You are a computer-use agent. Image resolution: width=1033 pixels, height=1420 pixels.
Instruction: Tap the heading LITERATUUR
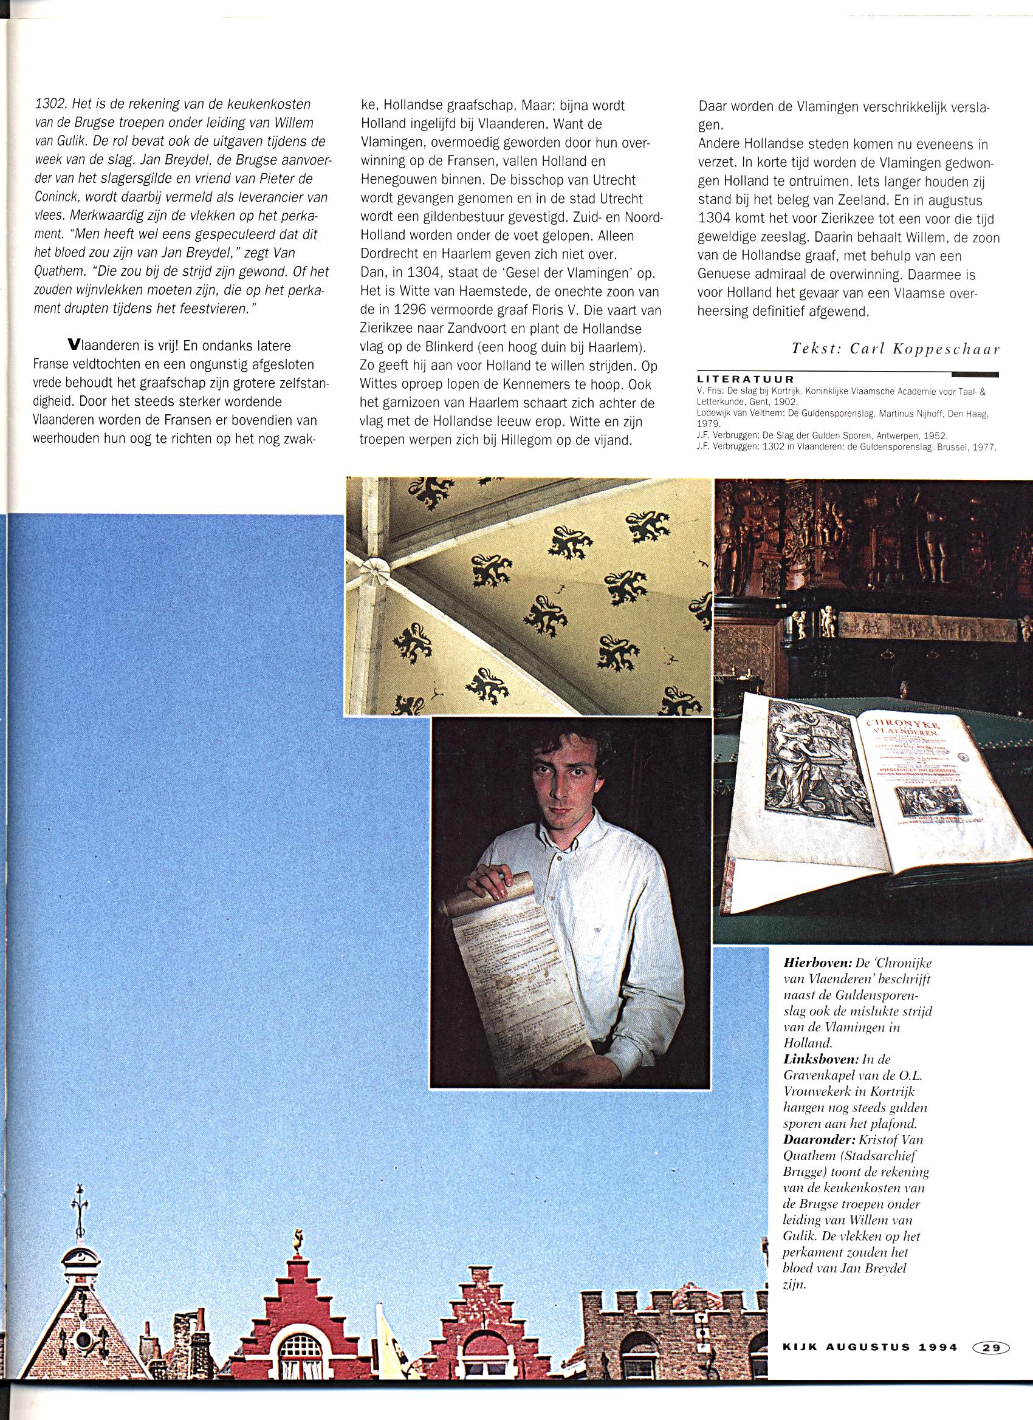tap(746, 380)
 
